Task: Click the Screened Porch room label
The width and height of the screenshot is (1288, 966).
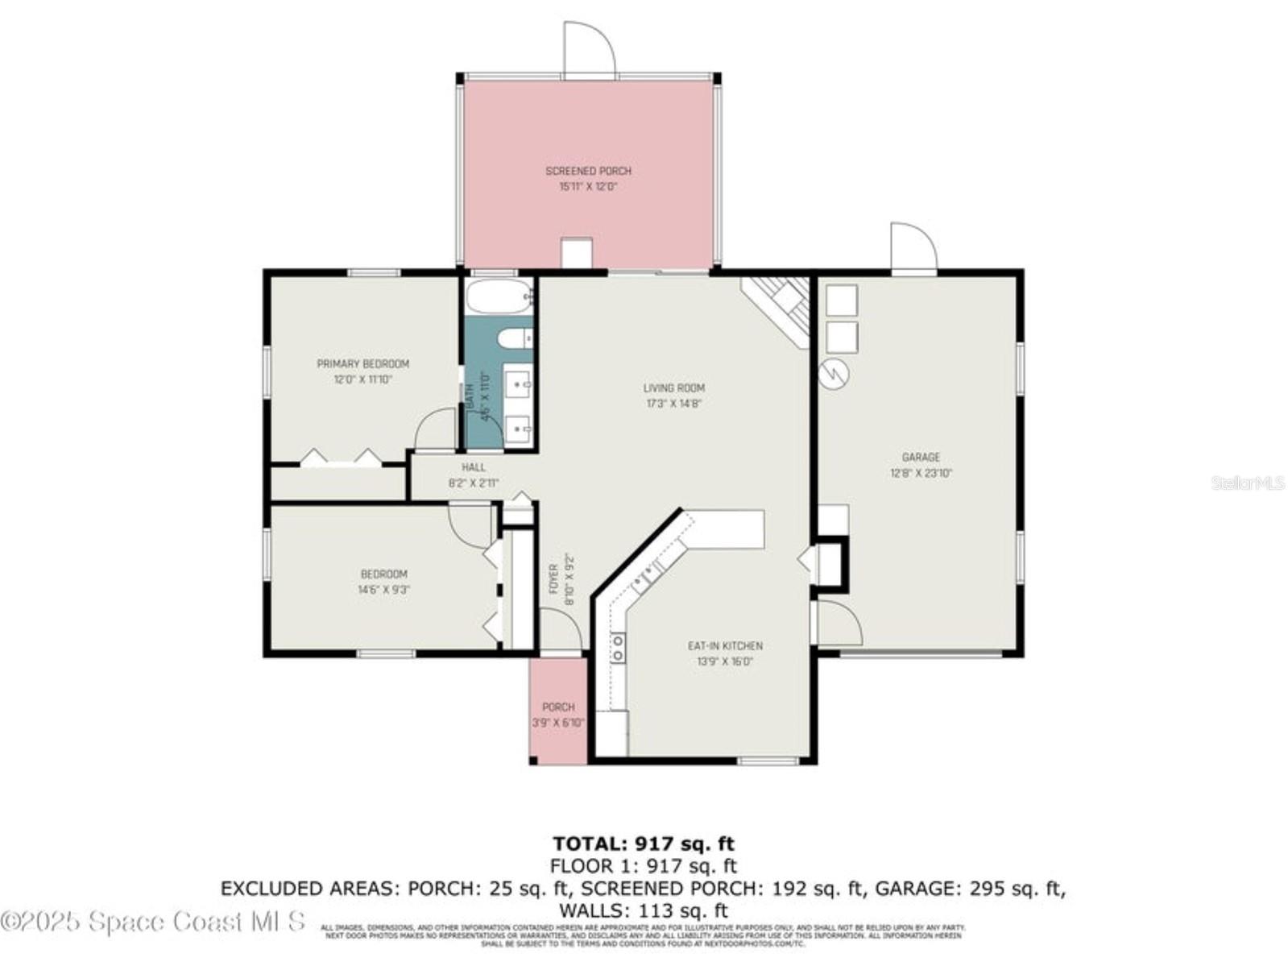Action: (x=588, y=171)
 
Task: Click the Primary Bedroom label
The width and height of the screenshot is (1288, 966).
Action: (x=362, y=363)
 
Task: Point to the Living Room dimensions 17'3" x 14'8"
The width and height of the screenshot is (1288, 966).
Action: (x=674, y=404)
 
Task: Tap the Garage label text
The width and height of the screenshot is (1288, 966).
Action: (x=921, y=457)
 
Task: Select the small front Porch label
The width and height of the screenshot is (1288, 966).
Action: (x=558, y=707)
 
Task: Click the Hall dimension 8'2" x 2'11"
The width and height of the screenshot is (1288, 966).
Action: (x=474, y=483)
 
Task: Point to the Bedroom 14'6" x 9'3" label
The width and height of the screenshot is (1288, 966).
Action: (x=383, y=582)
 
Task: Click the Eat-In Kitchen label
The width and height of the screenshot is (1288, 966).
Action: (x=725, y=645)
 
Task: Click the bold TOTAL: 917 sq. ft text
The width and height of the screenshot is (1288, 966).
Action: (x=643, y=844)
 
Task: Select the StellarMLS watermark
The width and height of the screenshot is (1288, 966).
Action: (x=1248, y=483)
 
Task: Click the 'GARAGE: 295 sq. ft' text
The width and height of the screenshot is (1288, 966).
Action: (x=970, y=889)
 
